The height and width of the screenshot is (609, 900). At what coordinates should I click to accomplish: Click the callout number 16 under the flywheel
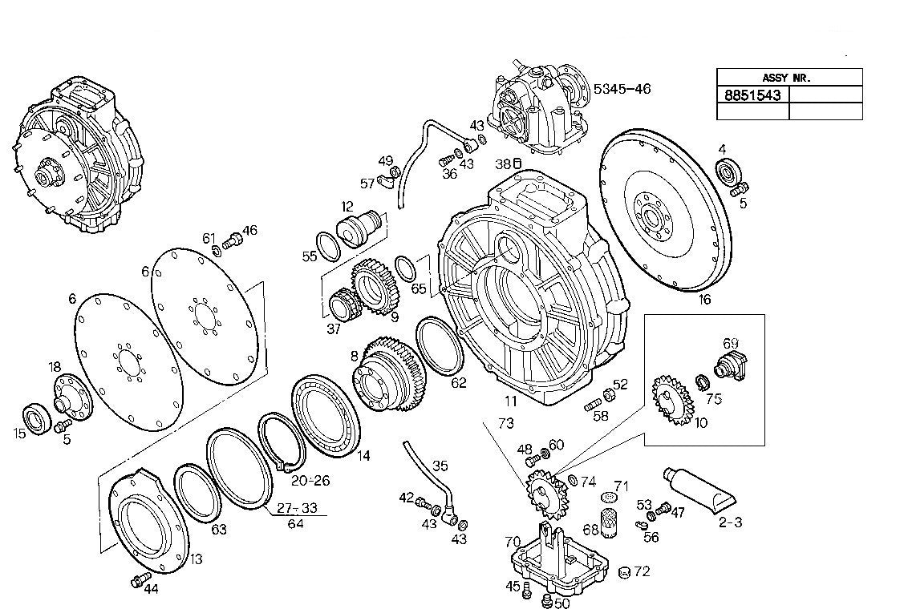704,300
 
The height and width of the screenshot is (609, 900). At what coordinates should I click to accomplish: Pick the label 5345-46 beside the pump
622,88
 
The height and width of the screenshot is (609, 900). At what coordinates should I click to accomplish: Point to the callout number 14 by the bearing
363,456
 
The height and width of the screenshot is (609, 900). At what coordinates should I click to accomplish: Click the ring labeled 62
439,346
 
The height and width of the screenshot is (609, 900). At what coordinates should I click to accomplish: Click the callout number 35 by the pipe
440,466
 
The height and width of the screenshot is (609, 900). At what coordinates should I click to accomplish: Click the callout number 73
505,423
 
